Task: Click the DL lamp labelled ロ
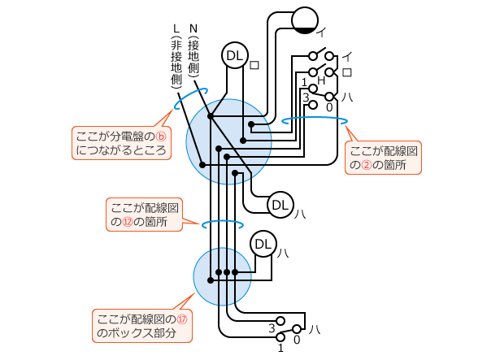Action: pyautogui.click(x=235, y=55)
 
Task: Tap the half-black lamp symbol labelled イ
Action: pyautogui.click(x=305, y=20)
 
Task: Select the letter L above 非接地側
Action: pyautogui.click(x=176, y=28)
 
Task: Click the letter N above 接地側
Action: pyautogui.click(x=193, y=28)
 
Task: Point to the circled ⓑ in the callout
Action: pyautogui.click(x=161, y=137)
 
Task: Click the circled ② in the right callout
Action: pyautogui.click(x=367, y=165)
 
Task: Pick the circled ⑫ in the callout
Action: pyautogui.click(x=127, y=222)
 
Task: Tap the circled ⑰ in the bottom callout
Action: pyautogui.click(x=182, y=319)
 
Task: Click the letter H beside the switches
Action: pyautogui.click(x=321, y=80)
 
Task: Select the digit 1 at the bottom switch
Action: pyautogui.click(x=280, y=348)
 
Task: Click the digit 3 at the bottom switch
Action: pyautogui.click(x=272, y=328)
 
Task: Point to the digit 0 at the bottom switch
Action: pyautogui.click(x=297, y=340)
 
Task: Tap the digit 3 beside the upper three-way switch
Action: pyautogui.click(x=306, y=98)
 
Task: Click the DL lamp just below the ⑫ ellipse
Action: pyautogui.click(x=263, y=245)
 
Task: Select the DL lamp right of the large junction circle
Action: pyautogui.click(x=280, y=205)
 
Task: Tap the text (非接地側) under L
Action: pyautogui.click(x=176, y=62)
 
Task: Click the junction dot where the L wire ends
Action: pyautogui.click(x=202, y=165)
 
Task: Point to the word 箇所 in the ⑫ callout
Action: pyautogui.click(x=156, y=222)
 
